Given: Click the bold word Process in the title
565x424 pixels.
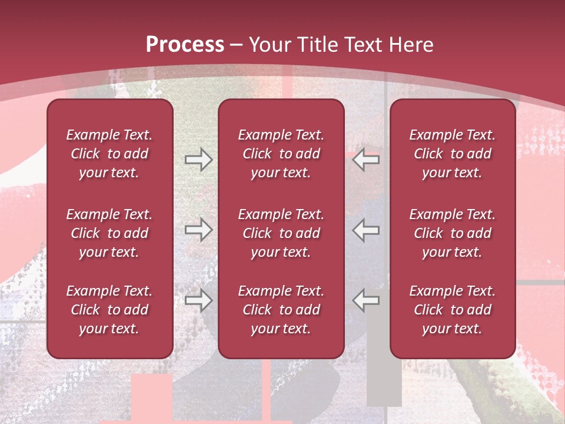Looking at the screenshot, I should pyautogui.click(x=185, y=45).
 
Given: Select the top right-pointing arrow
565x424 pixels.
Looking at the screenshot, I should pyautogui.click(x=198, y=160).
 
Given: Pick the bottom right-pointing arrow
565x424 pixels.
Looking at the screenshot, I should pyautogui.click(x=198, y=300).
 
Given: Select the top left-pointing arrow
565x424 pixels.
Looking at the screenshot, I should pyautogui.click(x=366, y=160).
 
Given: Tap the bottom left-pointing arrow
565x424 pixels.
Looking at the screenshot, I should pyautogui.click(x=366, y=300).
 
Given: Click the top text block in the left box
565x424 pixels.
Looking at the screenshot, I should pyautogui.click(x=109, y=154).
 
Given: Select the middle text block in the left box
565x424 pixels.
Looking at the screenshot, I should pyautogui.click(x=109, y=233).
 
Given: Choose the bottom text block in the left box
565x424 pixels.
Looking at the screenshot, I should pyautogui.click(x=109, y=310).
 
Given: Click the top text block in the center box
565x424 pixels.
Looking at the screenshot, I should pyautogui.click(x=281, y=154).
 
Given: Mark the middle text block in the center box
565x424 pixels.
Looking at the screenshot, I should pyautogui.click(x=281, y=233).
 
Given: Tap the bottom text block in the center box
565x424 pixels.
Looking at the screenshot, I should pyautogui.click(x=281, y=310).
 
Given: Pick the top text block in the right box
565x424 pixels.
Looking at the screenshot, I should pyautogui.click(x=452, y=154).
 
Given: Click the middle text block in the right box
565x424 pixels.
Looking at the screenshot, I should pyautogui.click(x=452, y=233).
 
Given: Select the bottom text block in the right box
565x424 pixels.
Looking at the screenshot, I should pyautogui.click(x=452, y=310).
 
